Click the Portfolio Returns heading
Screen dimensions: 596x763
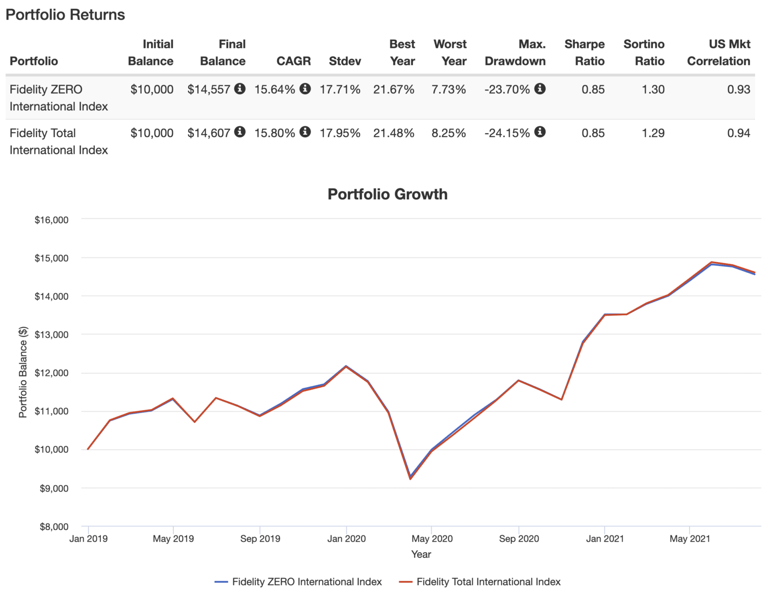point(65,14)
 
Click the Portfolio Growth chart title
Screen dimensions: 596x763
point(387,194)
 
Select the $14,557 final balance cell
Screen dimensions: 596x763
point(209,89)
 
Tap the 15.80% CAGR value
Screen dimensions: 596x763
point(275,133)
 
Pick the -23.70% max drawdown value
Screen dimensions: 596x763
point(507,89)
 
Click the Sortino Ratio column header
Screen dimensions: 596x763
point(644,53)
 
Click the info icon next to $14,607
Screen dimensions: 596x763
point(240,132)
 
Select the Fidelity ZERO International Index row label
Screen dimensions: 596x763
point(59,98)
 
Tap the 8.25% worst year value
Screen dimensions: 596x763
point(449,133)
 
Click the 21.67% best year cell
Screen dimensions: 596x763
point(393,89)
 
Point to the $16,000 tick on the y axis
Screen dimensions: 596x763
point(51,220)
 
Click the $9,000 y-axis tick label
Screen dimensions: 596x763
point(54,488)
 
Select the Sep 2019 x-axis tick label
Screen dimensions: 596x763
point(260,539)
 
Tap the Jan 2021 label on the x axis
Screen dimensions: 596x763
point(605,539)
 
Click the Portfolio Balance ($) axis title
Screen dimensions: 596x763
point(23,372)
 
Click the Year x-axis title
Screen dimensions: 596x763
point(421,554)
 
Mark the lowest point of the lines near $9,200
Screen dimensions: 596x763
point(410,478)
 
